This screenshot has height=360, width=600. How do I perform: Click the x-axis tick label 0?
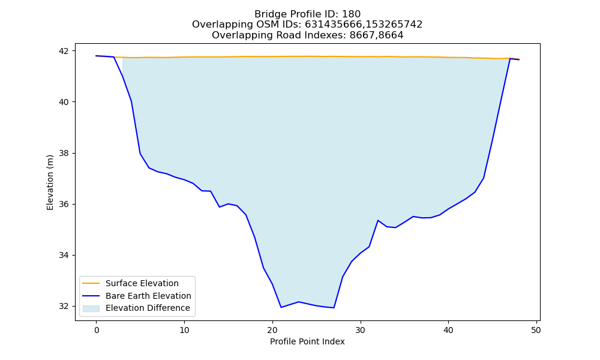click(x=97, y=330)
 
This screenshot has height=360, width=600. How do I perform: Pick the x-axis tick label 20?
click(x=272, y=330)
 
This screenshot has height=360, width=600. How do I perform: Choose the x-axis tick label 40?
click(x=448, y=330)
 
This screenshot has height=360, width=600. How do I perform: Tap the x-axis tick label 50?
click(x=536, y=330)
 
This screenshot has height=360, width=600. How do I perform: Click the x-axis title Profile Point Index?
click(x=307, y=341)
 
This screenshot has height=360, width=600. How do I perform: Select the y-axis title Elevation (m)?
click(x=50, y=182)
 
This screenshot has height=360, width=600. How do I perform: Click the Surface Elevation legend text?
click(x=142, y=283)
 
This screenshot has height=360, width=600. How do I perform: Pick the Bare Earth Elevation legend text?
click(x=148, y=296)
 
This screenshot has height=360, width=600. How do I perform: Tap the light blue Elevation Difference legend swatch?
click(x=91, y=308)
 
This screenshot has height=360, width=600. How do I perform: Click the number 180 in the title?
click(x=351, y=14)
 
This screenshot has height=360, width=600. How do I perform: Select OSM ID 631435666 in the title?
click(x=332, y=25)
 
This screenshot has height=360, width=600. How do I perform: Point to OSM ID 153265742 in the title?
click(x=393, y=25)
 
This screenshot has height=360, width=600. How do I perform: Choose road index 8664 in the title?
click(x=391, y=35)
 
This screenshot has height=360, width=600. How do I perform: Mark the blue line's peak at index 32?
click(x=377, y=220)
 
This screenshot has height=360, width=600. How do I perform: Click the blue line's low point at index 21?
click(x=281, y=307)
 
